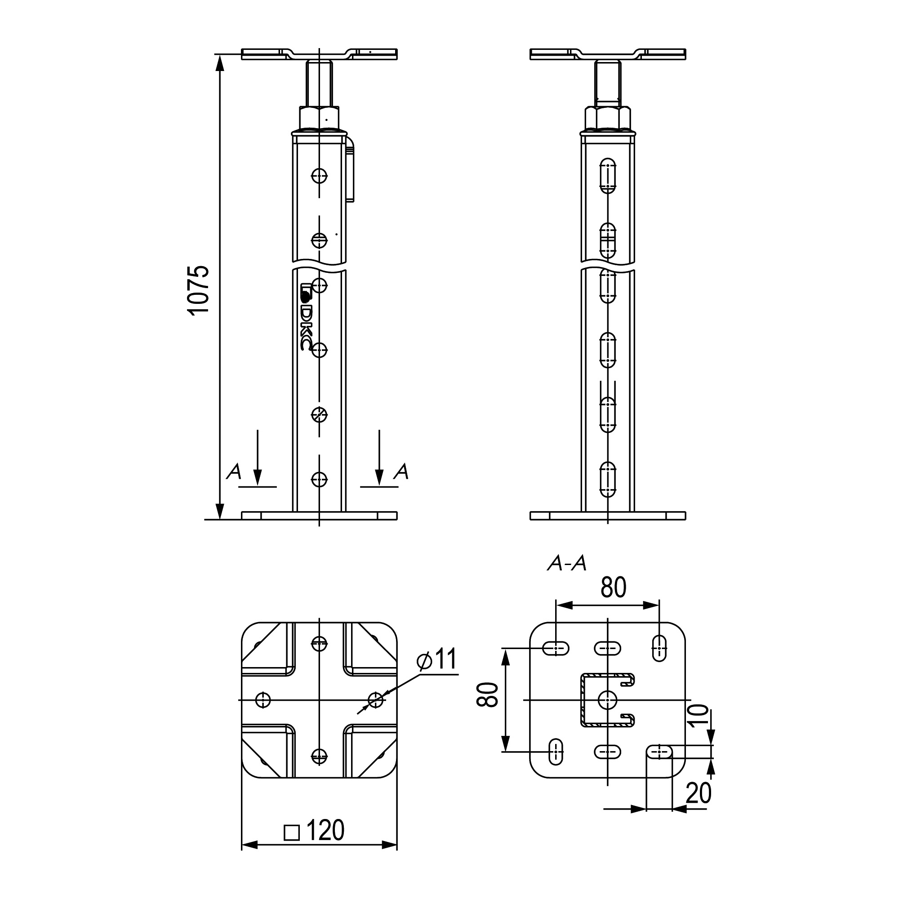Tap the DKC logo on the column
coord(306,316)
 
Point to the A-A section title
coord(567,564)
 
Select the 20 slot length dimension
coord(699,793)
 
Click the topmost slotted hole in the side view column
coord(607,175)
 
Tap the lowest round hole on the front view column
coord(319,479)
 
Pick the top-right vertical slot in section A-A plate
coord(659,647)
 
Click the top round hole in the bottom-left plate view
coord(319,644)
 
